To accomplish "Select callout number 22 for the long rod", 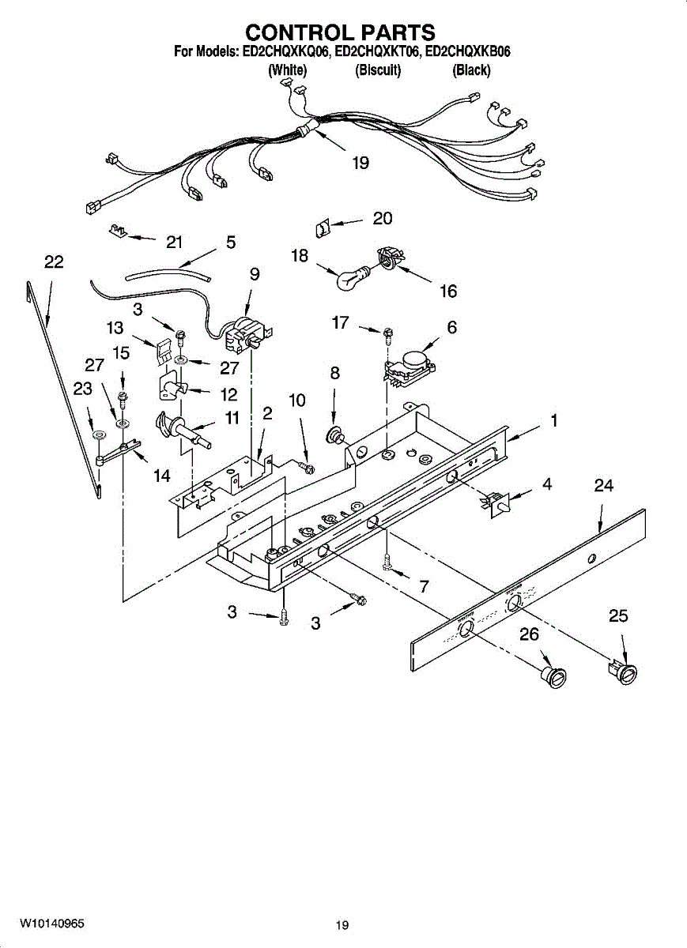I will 54,262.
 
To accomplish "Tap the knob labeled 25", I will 625,672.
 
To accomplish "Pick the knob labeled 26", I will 554,676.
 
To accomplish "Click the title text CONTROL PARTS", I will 340,32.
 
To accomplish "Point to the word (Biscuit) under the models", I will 378,70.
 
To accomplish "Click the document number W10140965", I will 52,924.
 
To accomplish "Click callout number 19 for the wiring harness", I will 360,163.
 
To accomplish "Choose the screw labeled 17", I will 387,335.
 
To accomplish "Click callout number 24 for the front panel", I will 604,486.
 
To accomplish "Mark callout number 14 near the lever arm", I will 162,476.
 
